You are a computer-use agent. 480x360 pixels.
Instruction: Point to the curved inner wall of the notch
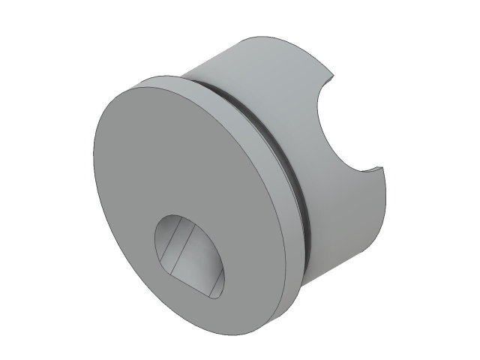click(330, 135)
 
